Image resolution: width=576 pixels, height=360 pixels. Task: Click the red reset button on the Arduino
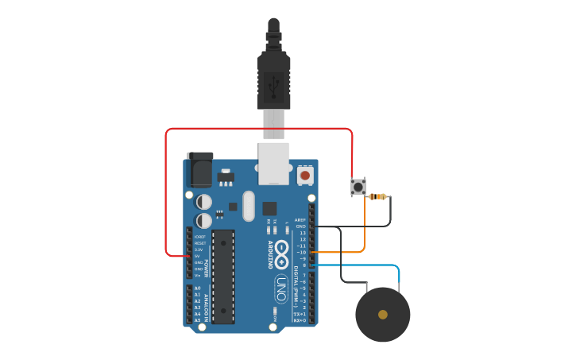point(305,174)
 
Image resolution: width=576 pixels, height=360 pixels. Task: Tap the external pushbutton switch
point(358,188)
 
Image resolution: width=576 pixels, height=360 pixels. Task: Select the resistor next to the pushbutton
point(379,196)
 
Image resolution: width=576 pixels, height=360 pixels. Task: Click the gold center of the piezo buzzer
point(383,315)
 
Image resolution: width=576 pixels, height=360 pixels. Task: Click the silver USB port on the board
point(274,163)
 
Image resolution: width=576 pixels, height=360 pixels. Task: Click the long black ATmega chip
point(223,277)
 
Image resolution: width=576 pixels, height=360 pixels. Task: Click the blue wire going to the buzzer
point(373,265)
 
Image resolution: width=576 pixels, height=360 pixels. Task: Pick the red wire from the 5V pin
point(166,191)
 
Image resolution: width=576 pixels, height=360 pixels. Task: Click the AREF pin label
point(300,219)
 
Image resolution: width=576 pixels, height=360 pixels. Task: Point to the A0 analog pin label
point(198,288)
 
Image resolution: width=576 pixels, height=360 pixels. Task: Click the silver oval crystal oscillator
point(248,206)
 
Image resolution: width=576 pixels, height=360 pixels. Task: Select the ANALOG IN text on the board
point(207,307)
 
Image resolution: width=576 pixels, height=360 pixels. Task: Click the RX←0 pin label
point(300,319)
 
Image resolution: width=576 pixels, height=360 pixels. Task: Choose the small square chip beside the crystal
point(269,205)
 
